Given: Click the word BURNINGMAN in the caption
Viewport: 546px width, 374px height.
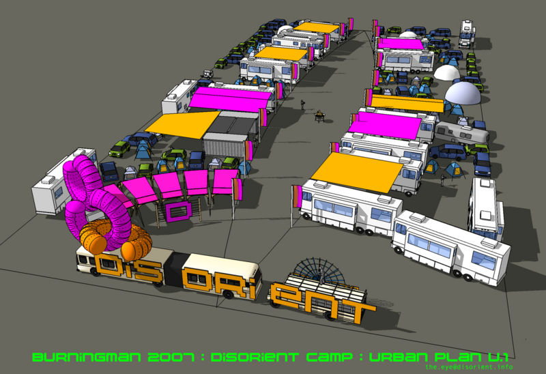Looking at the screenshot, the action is pos(87,358).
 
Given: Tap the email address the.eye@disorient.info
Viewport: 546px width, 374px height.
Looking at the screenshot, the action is pos(469,366).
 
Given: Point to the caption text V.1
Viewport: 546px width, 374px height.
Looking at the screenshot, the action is pos(498,358).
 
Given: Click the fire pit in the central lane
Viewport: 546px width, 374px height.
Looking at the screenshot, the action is pos(319,116).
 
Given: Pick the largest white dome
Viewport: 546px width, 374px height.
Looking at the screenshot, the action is pos(463,93).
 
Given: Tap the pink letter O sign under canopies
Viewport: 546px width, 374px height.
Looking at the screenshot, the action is pos(179,211).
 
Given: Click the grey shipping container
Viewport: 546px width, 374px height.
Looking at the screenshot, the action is pos(225,145).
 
